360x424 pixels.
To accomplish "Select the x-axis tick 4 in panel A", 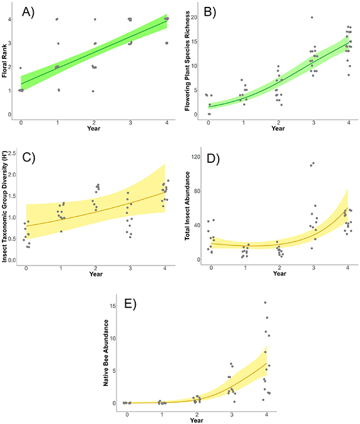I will coord(167,124).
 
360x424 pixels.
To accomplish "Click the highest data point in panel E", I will coord(265,303).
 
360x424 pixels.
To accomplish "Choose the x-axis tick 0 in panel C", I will coord(26,268).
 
